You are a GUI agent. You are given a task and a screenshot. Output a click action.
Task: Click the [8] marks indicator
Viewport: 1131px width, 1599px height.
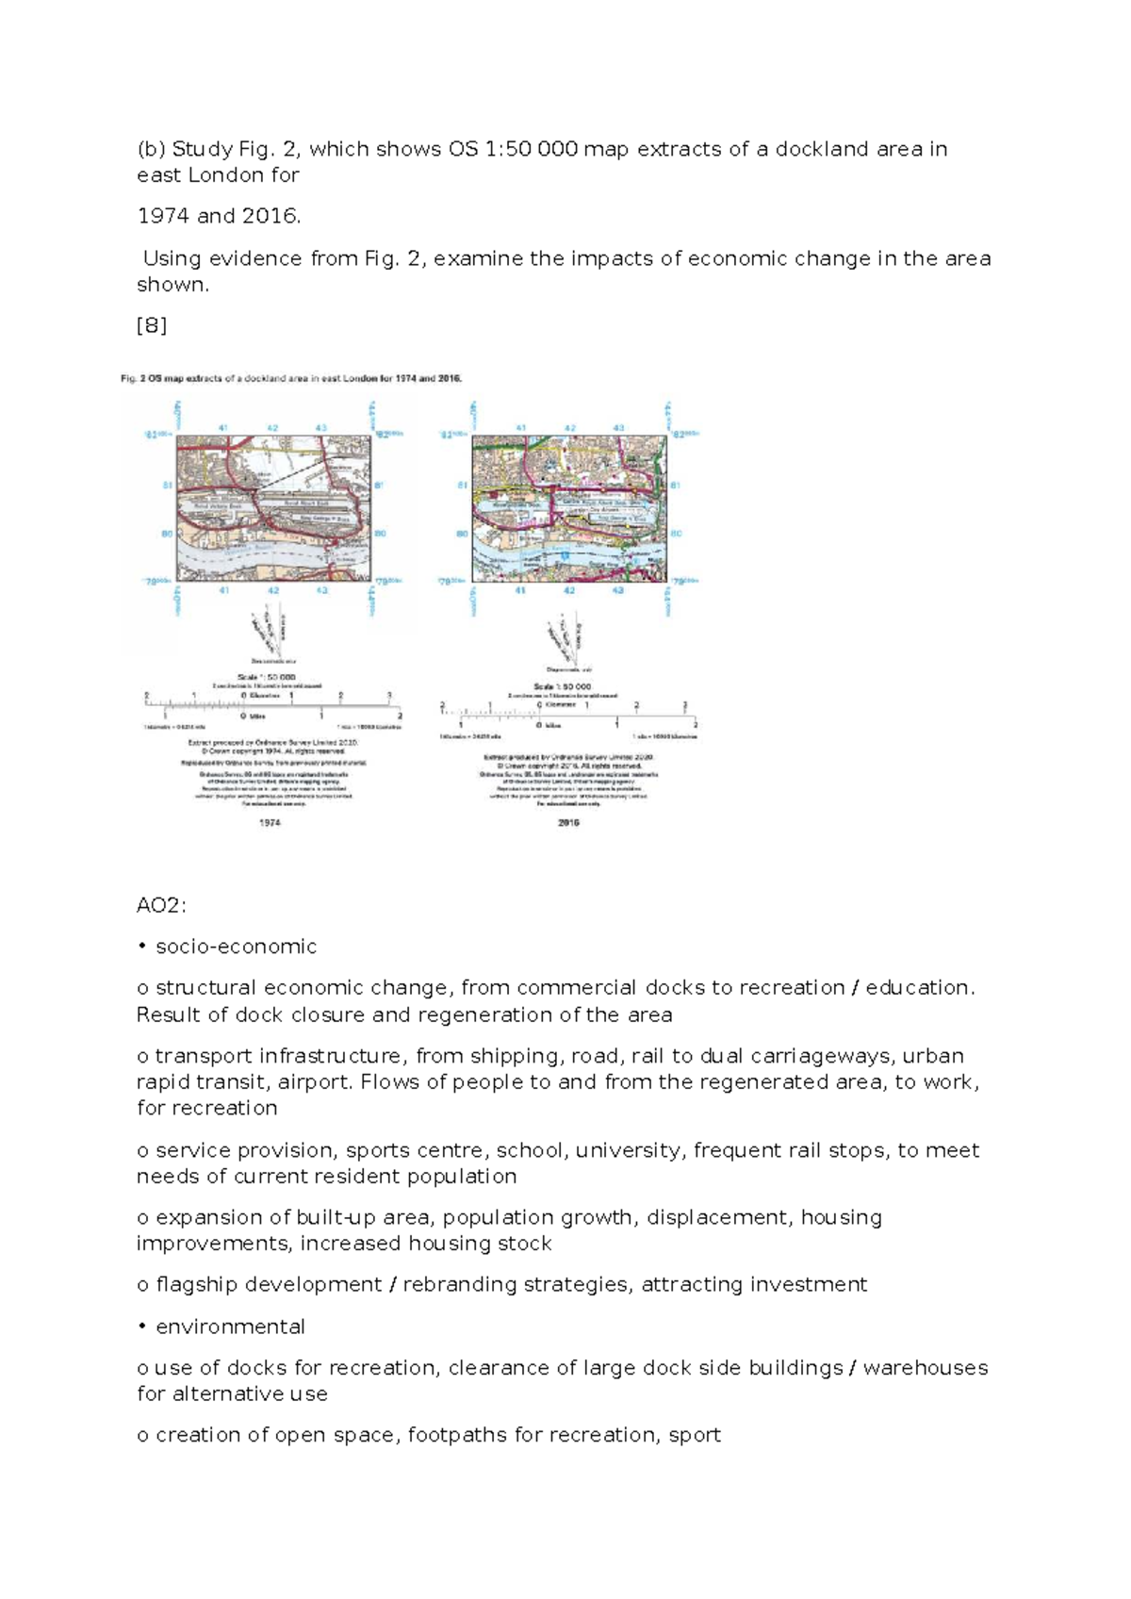point(152,326)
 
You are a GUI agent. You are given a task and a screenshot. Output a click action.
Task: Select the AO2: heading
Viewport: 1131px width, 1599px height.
point(161,906)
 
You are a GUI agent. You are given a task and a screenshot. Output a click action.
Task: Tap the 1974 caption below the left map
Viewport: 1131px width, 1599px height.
point(270,822)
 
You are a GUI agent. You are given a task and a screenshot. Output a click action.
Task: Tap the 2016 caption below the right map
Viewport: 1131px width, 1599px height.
point(568,822)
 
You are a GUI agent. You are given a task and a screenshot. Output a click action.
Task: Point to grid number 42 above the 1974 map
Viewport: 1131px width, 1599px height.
point(272,428)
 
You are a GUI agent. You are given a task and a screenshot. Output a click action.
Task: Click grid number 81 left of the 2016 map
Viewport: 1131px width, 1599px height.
point(462,485)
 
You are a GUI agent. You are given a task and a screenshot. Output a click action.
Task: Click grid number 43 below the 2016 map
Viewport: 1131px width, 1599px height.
point(617,590)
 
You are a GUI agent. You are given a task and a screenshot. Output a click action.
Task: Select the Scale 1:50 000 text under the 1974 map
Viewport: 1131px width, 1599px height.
point(267,677)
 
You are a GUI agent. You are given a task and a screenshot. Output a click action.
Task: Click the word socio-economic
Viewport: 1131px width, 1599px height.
point(236,947)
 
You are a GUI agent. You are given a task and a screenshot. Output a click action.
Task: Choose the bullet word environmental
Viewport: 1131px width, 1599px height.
point(230,1327)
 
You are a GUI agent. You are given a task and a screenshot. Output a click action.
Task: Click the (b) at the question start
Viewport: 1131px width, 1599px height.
point(151,149)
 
